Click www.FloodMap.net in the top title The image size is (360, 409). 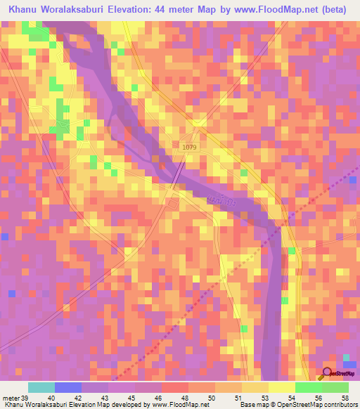(281, 9)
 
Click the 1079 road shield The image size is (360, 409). (188, 146)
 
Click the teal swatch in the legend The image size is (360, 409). (41, 388)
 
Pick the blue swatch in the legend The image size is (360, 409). (67, 388)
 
